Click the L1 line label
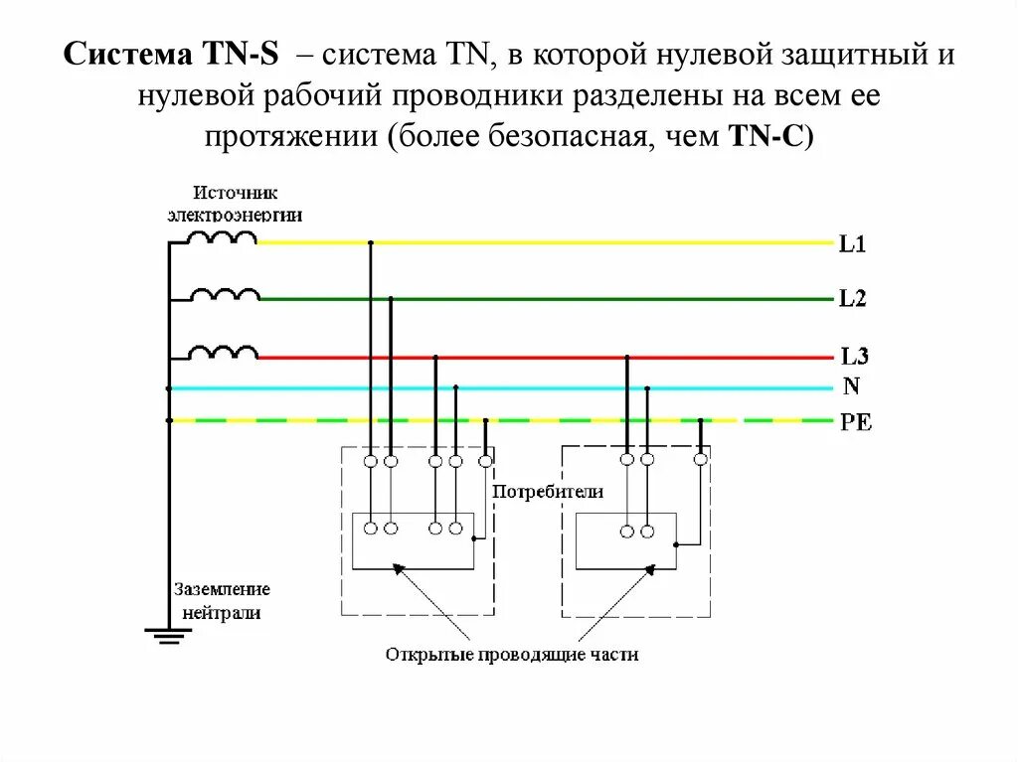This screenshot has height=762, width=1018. click(852, 244)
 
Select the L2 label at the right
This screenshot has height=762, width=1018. click(852, 299)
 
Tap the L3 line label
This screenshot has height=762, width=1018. click(854, 357)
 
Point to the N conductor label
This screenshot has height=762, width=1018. click(851, 385)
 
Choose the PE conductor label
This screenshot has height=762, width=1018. click(855, 422)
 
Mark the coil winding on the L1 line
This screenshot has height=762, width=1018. click(223, 238)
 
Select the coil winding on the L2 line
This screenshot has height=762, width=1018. click(225, 295)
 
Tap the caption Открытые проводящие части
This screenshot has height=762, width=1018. click(512, 655)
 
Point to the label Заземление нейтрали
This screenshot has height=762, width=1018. click(220, 600)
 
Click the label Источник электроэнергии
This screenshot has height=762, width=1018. click(236, 204)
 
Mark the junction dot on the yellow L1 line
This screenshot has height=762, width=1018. click(371, 242)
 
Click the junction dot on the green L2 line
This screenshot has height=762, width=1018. click(391, 299)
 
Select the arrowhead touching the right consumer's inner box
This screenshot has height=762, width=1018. click(650, 569)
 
